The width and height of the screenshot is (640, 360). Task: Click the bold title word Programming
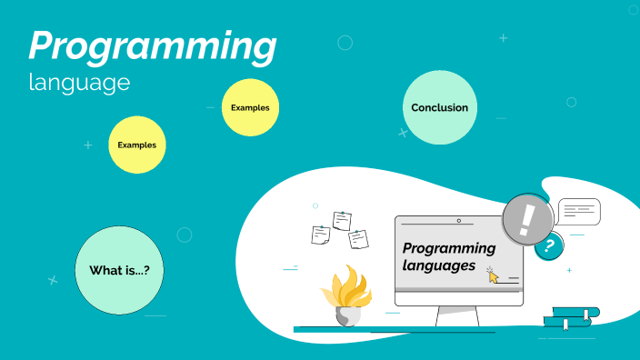[x=152, y=47]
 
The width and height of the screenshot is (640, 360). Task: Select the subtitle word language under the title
[x=79, y=83]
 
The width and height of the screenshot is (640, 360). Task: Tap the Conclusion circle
[x=439, y=108]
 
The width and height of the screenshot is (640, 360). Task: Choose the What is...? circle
[x=119, y=270]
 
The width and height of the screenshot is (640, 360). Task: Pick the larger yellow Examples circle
[x=137, y=145]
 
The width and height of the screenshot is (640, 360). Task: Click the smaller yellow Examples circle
[x=250, y=108]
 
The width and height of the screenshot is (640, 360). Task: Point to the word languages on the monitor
[x=439, y=265]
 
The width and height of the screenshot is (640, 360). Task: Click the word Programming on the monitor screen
[x=449, y=248]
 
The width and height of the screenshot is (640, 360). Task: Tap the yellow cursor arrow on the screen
[x=494, y=275]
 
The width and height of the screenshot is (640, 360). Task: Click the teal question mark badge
[x=547, y=245]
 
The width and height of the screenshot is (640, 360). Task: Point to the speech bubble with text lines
[x=578, y=212]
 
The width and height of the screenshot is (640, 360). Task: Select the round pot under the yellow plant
[x=348, y=315]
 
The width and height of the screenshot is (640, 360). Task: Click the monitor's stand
[x=457, y=315]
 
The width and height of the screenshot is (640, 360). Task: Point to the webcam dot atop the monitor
[x=458, y=221]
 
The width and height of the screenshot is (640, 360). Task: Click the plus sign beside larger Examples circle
[x=88, y=145]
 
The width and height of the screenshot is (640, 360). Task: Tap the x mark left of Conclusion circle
[x=403, y=133]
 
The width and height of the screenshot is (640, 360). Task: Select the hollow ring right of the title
[x=345, y=42]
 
